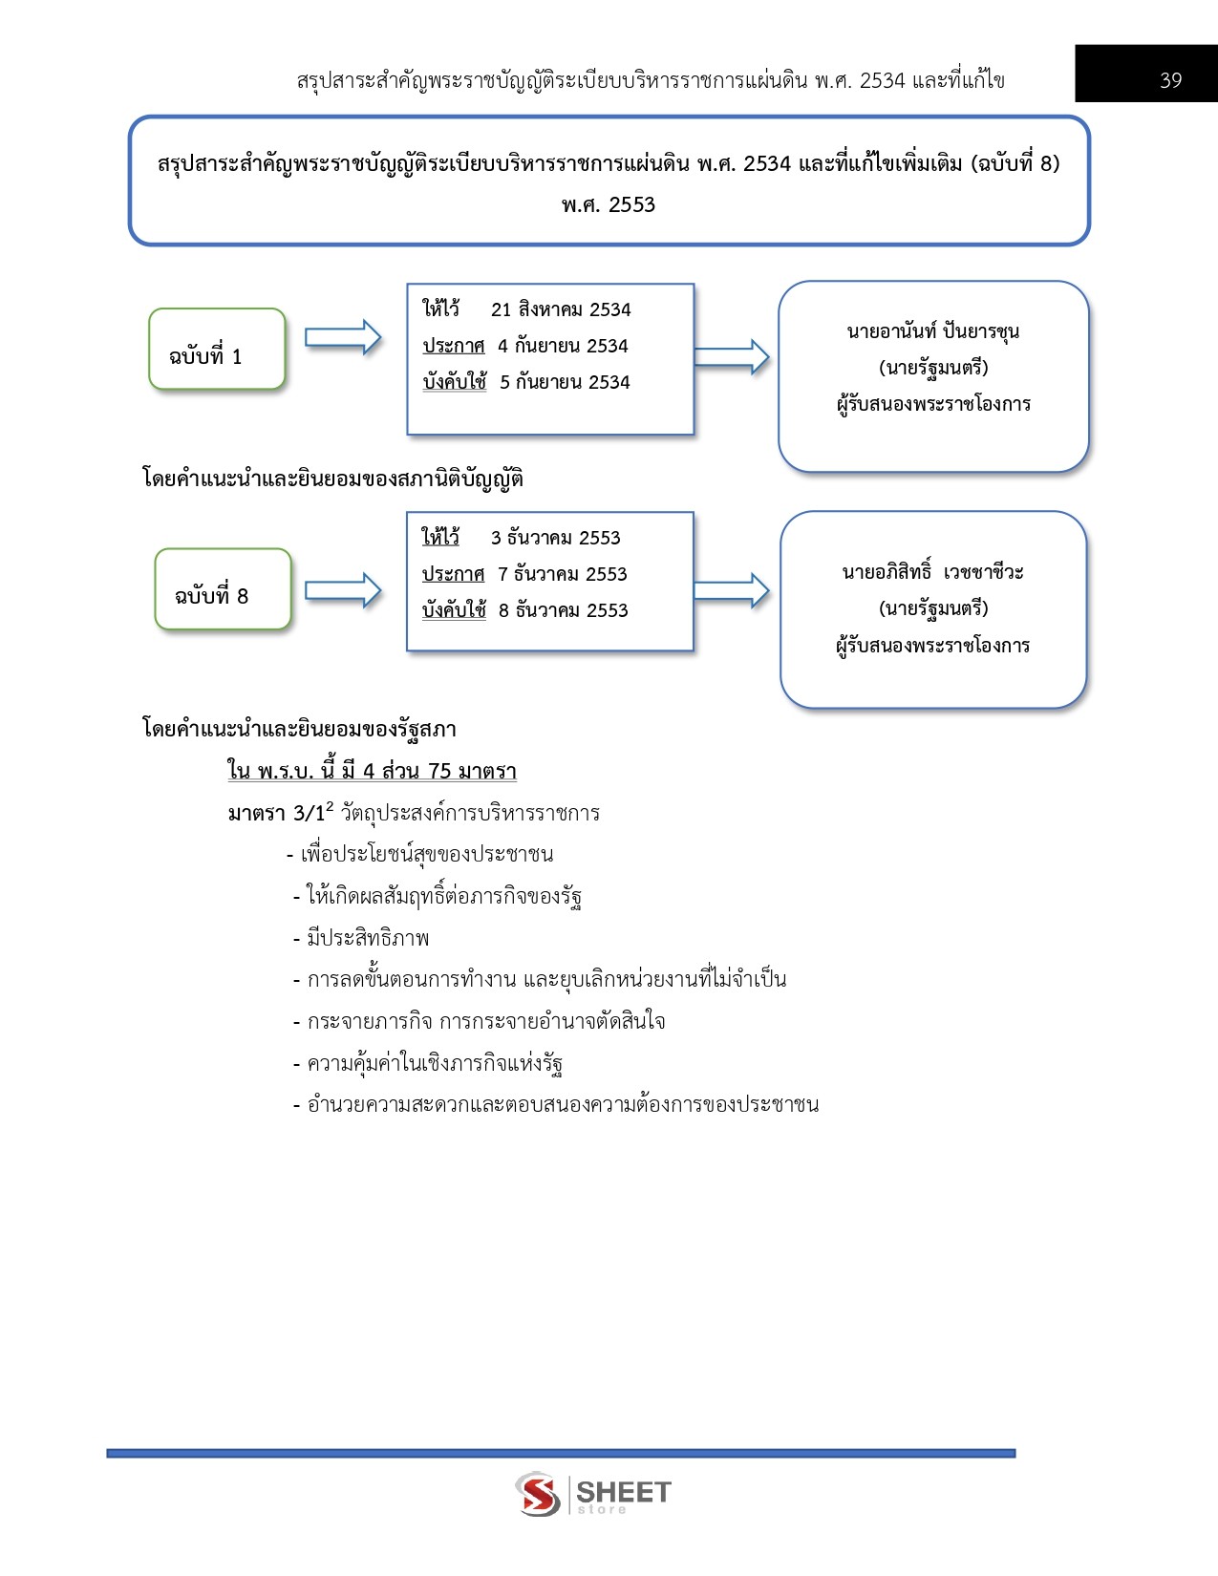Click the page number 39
tap(1170, 80)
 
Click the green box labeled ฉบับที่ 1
tap(217, 349)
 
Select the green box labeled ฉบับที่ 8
tap(223, 589)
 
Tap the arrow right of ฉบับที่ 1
tap(343, 337)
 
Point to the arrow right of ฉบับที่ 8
tap(343, 590)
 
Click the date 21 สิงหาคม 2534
tap(561, 309)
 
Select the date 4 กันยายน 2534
tap(563, 346)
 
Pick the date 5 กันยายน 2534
tap(565, 382)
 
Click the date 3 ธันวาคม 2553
tap(556, 538)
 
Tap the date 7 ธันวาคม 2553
tap(563, 574)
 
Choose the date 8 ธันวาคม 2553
tap(563, 610)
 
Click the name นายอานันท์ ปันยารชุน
tap(933, 331)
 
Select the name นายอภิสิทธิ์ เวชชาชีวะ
tap(933, 571)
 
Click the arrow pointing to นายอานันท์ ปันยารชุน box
tap(731, 357)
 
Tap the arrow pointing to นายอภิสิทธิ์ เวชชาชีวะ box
tap(731, 590)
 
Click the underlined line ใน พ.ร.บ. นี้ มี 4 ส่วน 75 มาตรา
tap(372, 770)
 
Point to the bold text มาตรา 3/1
tap(276, 813)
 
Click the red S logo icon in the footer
tap(538, 1494)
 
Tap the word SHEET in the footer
tap(624, 1492)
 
